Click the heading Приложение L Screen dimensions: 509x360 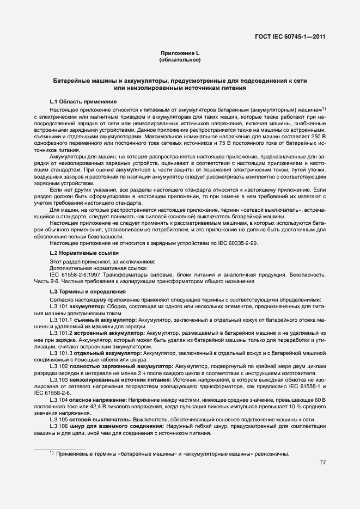pos(180,53)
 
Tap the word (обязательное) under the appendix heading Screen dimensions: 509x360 pos(180,59)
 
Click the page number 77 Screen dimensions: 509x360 pos(322,463)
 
